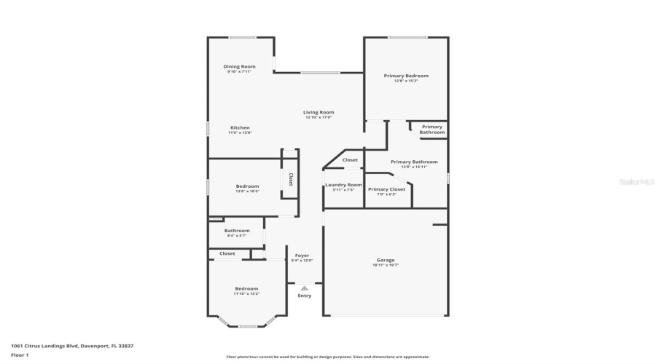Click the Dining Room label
[240, 66]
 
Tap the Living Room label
[319, 112]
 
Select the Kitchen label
[240, 127]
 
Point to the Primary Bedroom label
[406, 76]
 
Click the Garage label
[386, 260]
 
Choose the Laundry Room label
[343, 185]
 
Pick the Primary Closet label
[386, 189]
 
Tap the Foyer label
[302, 256]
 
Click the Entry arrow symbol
[304, 288]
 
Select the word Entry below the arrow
[304, 296]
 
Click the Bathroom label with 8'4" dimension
[237, 231]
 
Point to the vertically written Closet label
[290, 179]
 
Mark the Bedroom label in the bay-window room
[246, 289]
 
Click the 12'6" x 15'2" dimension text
[406, 81]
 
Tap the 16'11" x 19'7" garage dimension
[386, 265]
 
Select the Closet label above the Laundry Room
[350, 160]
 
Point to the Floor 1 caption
[20, 355]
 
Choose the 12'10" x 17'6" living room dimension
[319, 117]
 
